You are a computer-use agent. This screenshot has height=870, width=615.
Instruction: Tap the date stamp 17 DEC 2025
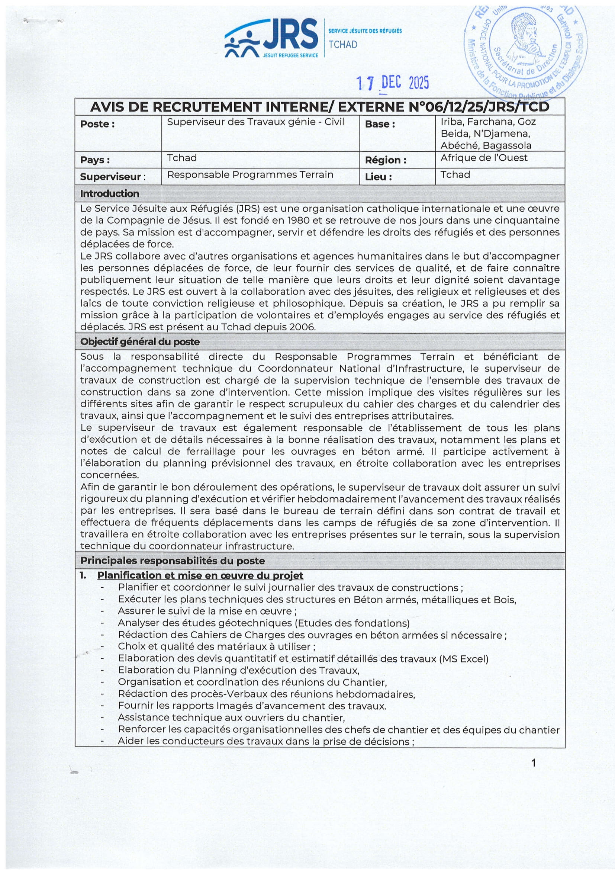coord(393,83)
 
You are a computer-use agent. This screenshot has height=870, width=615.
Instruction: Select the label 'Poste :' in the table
coord(97,124)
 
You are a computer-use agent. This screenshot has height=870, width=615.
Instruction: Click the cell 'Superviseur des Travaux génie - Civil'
coord(255,122)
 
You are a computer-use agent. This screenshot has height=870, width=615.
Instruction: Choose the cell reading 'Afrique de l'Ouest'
coord(484,158)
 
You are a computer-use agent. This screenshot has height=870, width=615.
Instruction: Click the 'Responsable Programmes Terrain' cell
coord(250,175)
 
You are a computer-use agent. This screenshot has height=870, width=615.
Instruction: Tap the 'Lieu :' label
coord(378,177)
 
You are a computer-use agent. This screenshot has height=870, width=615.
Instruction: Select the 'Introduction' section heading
coord(110,194)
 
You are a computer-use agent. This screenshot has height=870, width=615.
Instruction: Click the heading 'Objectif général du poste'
coord(140,342)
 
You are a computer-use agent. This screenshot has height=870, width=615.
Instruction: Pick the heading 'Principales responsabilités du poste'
coord(173,561)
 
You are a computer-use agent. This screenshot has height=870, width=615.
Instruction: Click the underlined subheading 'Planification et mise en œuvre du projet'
coord(200,575)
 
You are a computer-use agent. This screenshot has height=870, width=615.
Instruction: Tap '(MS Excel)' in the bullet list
coord(464,659)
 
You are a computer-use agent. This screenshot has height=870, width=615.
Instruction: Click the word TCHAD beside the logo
coord(343,45)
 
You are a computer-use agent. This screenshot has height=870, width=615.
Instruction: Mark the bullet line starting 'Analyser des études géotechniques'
coord(264,623)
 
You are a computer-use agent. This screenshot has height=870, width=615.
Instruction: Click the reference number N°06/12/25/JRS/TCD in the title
coord(479,107)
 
